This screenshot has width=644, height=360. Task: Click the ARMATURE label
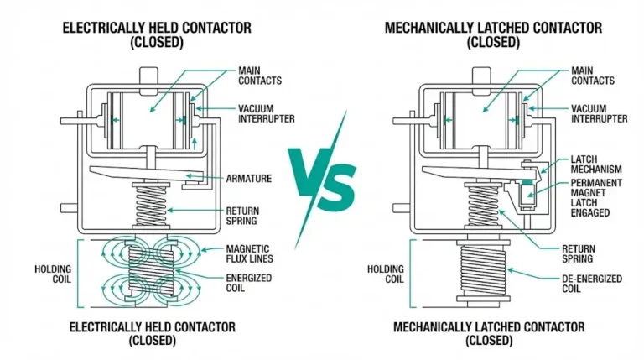(x=248, y=178)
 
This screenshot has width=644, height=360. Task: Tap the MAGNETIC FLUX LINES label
(x=248, y=253)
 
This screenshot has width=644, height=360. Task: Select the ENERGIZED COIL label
(x=248, y=283)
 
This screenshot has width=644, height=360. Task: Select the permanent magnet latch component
(x=527, y=196)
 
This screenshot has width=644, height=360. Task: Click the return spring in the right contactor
(x=483, y=206)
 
